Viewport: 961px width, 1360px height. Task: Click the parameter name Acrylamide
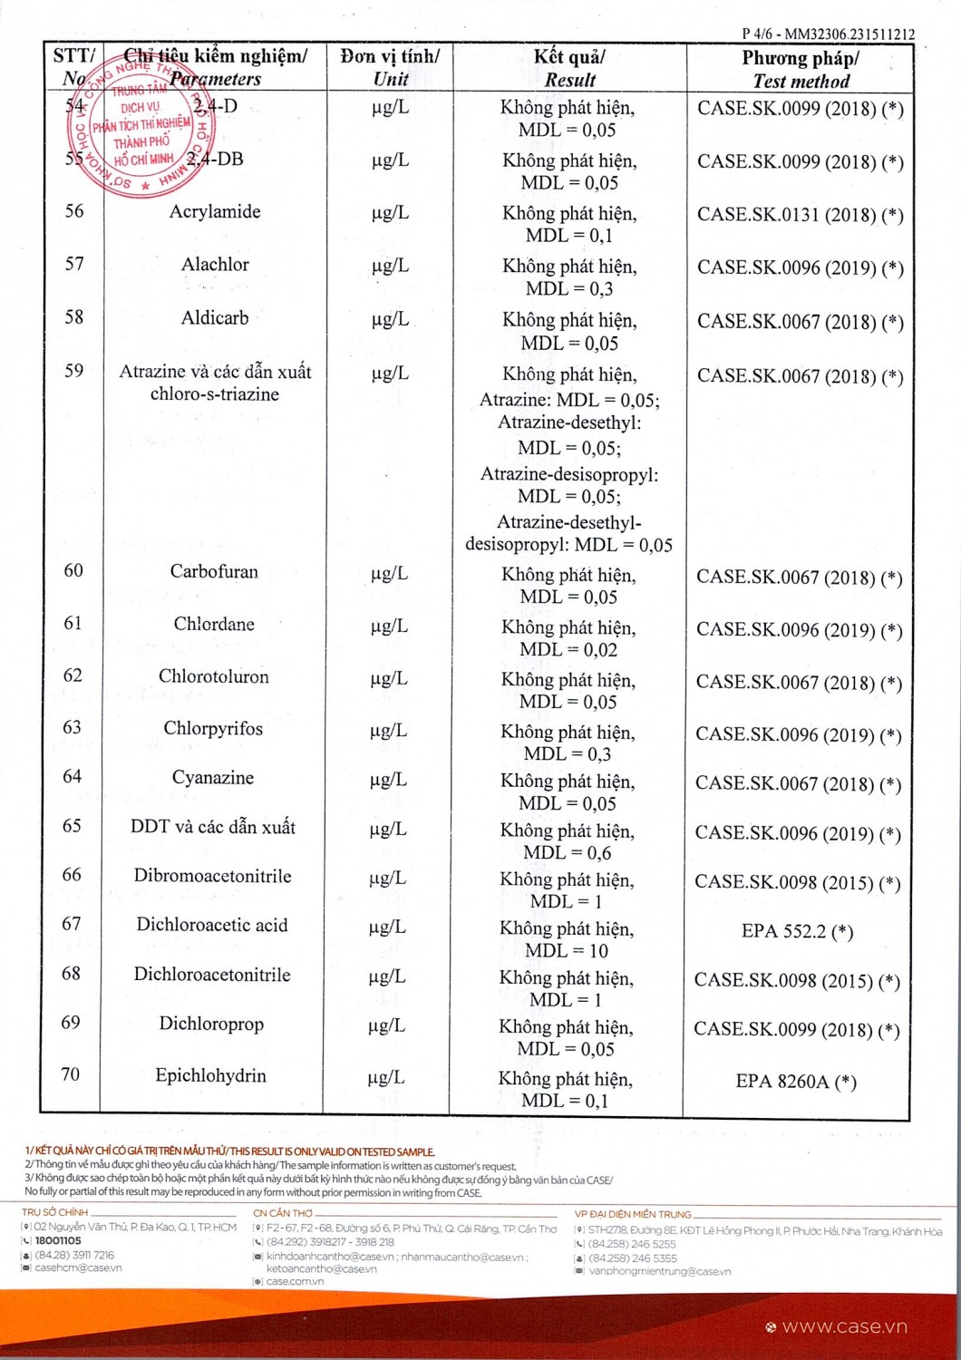(x=215, y=212)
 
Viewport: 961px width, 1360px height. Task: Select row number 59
(x=73, y=371)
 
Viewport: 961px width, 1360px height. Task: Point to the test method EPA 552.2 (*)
(x=797, y=931)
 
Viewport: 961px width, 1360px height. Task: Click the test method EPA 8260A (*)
(x=796, y=1081)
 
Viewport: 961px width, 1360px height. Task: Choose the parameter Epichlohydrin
(x=210, y=1076)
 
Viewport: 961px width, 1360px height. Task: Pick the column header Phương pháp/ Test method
(x=801, y=69)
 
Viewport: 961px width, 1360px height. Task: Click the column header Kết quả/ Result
(x=569, y=68)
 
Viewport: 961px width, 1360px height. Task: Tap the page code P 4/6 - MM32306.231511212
(x=828, y=34)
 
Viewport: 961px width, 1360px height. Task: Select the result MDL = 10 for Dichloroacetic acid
(x=566, y=951)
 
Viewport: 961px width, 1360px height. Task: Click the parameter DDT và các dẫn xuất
(x=213, y=827)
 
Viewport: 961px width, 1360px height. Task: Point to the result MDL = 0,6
(x=567, y=853)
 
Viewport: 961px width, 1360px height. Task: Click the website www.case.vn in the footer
(x=844, y=1326)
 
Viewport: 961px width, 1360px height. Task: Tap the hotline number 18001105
(x=58, y=1240)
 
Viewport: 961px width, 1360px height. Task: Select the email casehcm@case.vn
(x=78, y=1268)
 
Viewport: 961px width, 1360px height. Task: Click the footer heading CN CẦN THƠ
(x=283, y=1213)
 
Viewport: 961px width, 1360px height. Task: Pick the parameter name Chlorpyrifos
(x=213, y=729)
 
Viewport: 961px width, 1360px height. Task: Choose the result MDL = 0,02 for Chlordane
(x=568, y=650)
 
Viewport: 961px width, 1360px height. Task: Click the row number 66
(x=72, y=875)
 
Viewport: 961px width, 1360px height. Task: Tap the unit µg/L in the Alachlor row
(x=390, y=266)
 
